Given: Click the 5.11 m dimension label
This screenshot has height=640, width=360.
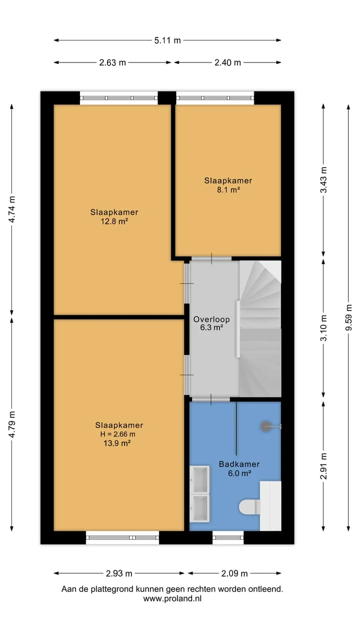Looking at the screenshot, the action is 167,40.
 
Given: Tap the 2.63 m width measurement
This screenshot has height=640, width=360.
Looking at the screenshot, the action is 112,62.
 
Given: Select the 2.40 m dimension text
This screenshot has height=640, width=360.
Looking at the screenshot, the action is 227,62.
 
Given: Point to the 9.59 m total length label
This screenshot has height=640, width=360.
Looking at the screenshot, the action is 348,317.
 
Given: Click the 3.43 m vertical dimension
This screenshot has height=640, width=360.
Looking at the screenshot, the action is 323,179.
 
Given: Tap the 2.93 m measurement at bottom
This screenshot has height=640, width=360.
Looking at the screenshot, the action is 119,573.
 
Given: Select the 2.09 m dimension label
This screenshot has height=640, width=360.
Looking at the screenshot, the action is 234,573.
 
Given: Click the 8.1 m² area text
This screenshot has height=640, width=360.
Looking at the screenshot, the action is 228,189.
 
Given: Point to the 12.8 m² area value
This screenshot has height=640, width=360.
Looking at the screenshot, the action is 114,221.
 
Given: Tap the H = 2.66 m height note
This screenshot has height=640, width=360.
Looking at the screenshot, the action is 117,434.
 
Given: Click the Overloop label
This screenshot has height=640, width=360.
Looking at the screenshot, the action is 211,319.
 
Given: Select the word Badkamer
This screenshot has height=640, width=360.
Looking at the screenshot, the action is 239,464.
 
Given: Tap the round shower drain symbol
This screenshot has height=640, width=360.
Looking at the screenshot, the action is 265,426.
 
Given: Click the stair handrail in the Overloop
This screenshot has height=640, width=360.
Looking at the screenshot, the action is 237,329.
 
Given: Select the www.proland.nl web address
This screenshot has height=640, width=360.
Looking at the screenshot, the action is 172,598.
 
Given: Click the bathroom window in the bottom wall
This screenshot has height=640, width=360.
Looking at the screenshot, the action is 228,537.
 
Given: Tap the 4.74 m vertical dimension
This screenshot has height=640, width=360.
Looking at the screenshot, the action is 11,209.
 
